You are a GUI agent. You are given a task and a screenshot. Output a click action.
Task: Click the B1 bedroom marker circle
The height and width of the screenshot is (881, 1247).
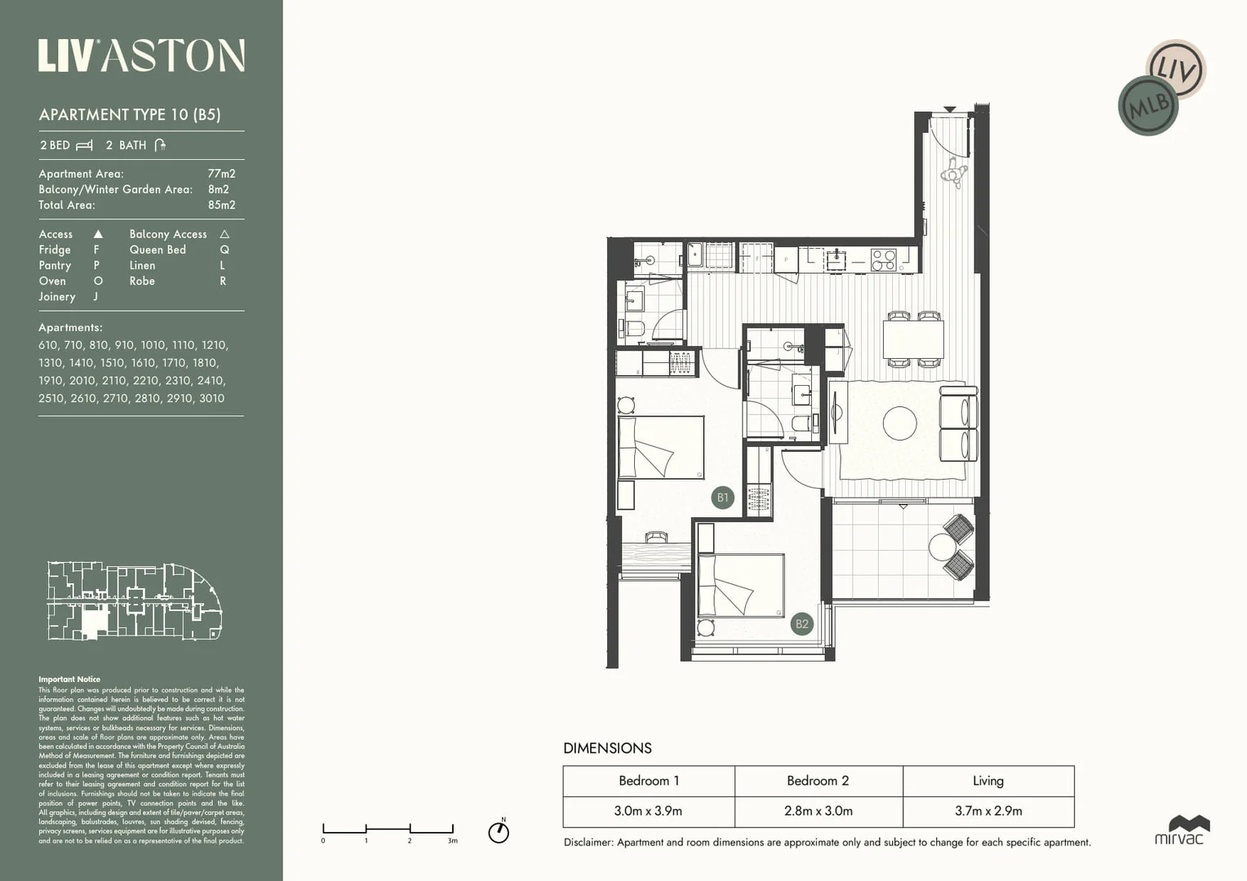pos(722,498)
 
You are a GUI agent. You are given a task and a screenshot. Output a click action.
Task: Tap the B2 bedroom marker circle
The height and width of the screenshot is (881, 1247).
pos(802,624)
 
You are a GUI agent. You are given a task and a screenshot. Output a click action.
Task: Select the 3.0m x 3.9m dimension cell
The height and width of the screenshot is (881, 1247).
pos(648,811)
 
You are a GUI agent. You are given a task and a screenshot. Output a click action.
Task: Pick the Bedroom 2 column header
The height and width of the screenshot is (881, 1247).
pos(818,781)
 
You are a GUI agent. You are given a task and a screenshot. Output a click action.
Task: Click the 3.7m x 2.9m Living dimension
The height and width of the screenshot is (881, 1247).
pos(988,811)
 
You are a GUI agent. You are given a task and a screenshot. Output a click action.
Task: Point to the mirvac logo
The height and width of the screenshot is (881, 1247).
pos(1179,830)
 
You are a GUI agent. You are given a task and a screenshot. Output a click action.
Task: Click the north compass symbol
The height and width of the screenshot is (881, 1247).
pos(499,831)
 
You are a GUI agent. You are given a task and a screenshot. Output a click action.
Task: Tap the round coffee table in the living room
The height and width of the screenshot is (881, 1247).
pos(899,423)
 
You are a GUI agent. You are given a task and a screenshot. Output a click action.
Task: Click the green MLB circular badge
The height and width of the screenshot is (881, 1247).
pos(1148,105)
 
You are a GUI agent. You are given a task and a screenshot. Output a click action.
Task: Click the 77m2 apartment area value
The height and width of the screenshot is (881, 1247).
pos(221,174)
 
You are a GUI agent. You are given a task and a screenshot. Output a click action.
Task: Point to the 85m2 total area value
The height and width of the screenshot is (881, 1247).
pos(221,205)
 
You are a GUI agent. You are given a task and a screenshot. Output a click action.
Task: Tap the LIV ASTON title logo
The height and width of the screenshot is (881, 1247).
pos(141,55)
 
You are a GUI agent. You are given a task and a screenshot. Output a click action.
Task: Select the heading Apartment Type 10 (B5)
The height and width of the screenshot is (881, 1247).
pos(130,114)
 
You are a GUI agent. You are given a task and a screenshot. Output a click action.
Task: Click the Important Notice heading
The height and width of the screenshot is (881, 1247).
pos(69,679)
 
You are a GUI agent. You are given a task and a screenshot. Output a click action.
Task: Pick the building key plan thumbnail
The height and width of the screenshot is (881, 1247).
pos(135,600)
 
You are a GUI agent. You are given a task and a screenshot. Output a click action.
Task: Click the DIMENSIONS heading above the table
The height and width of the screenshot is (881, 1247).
pos(607,748)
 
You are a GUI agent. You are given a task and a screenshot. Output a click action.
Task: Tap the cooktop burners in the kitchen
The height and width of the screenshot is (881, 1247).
pos(883,259)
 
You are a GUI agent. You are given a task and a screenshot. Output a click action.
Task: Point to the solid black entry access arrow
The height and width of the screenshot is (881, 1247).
pos(950,109)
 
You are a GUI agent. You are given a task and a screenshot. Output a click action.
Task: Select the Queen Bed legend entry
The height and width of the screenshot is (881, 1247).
pos(158,250)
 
